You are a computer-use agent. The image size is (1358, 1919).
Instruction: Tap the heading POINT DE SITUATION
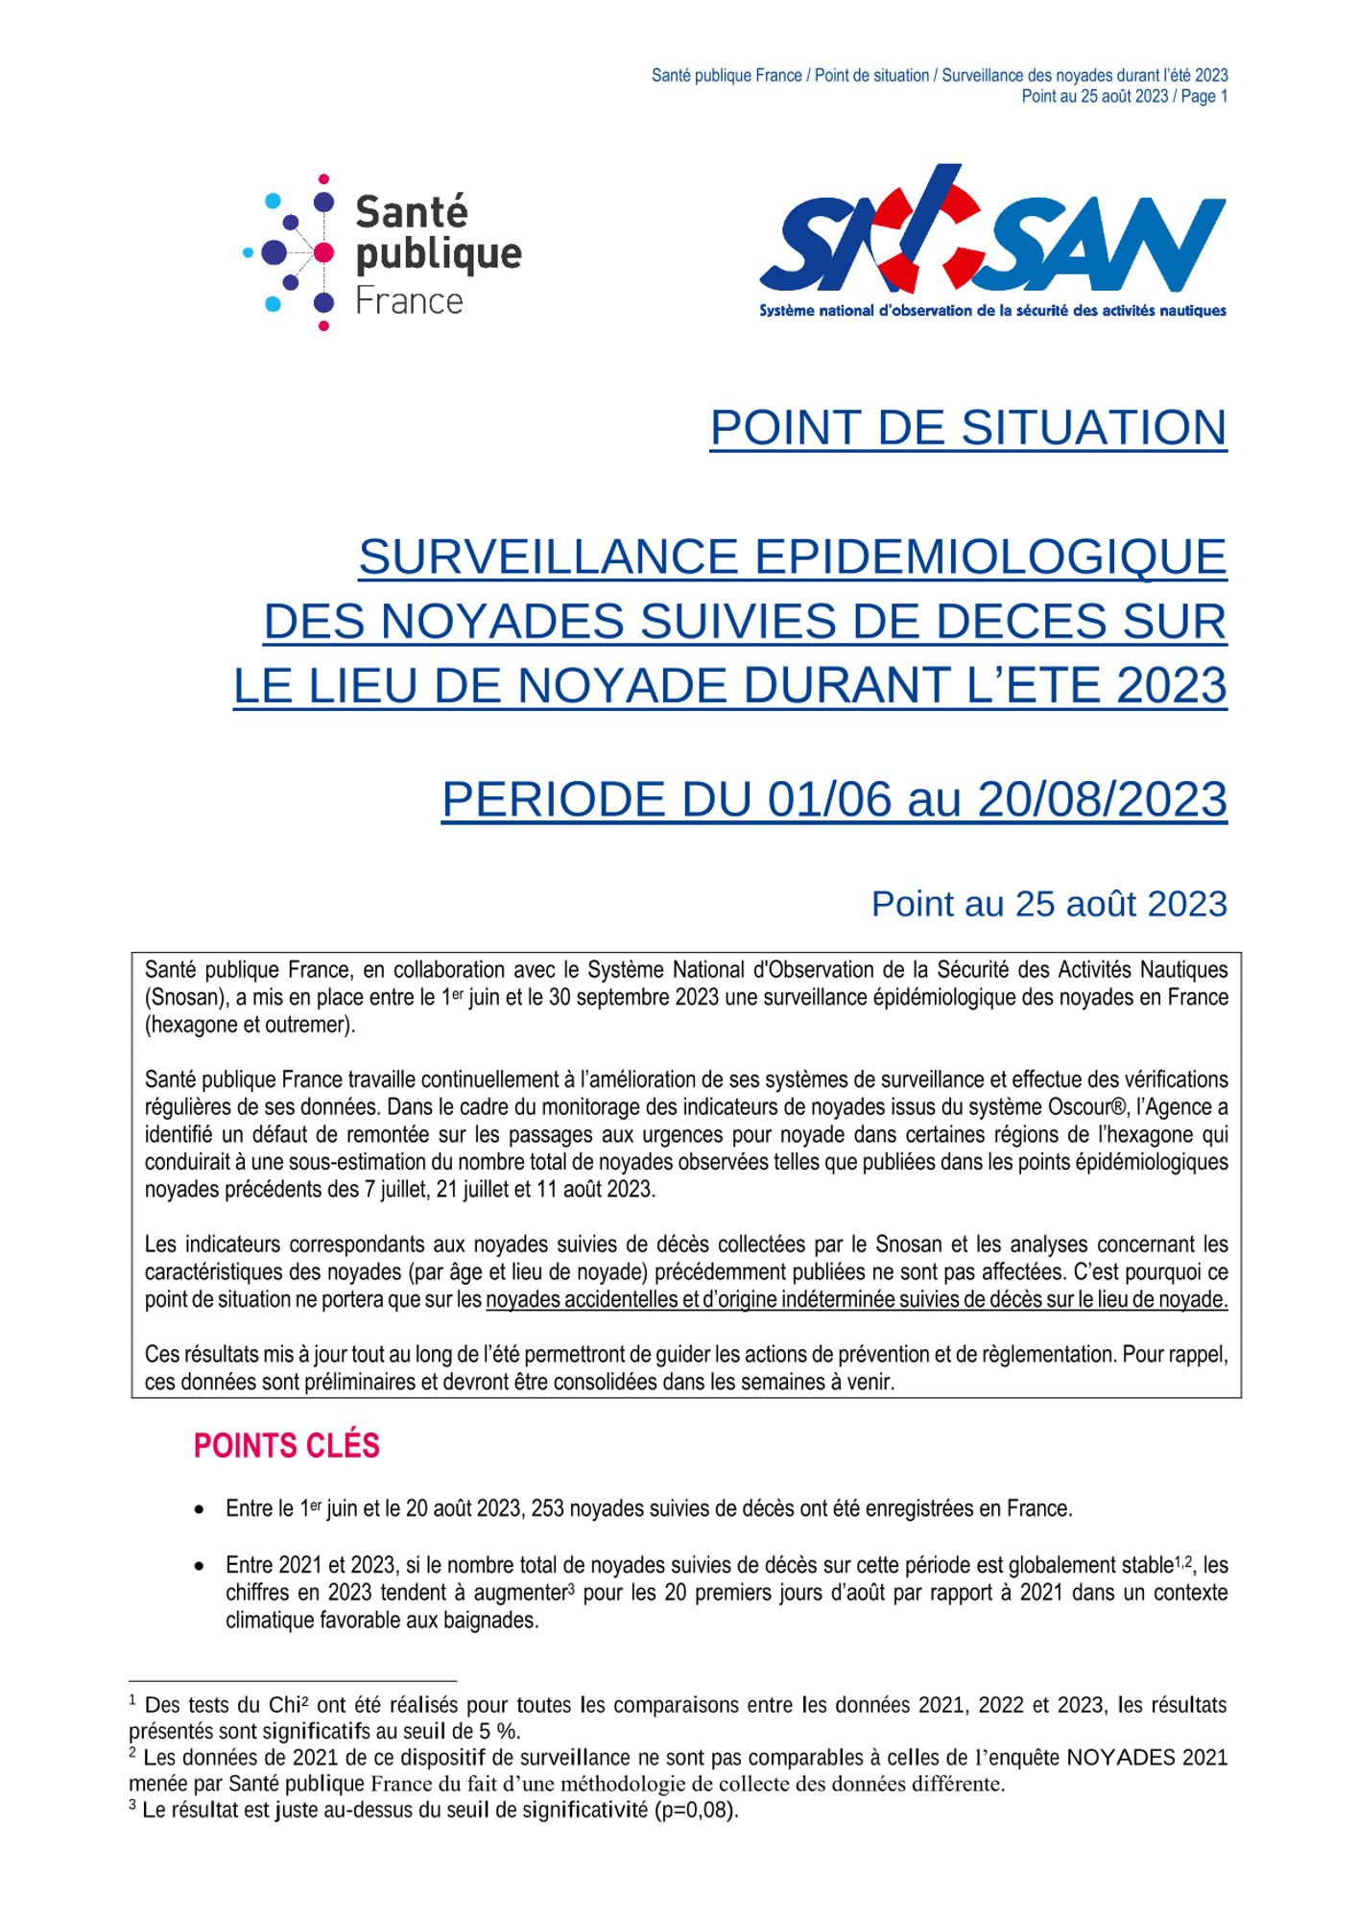point(967,428)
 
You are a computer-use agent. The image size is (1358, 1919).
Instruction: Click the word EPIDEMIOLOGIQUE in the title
point(991,557)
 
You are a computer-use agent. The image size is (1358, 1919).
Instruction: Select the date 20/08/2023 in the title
point(1102,799)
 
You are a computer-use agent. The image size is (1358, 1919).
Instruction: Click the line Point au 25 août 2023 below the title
point(1048,904)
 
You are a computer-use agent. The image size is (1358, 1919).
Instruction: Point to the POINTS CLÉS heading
point(286,1446)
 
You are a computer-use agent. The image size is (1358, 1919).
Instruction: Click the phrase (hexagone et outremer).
point(250,1025)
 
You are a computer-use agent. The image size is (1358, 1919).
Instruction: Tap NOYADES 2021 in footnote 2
point(1147,1758)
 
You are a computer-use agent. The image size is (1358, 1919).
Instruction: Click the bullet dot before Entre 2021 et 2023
point(199,1566)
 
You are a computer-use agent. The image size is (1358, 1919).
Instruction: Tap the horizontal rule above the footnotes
point(293,1681)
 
